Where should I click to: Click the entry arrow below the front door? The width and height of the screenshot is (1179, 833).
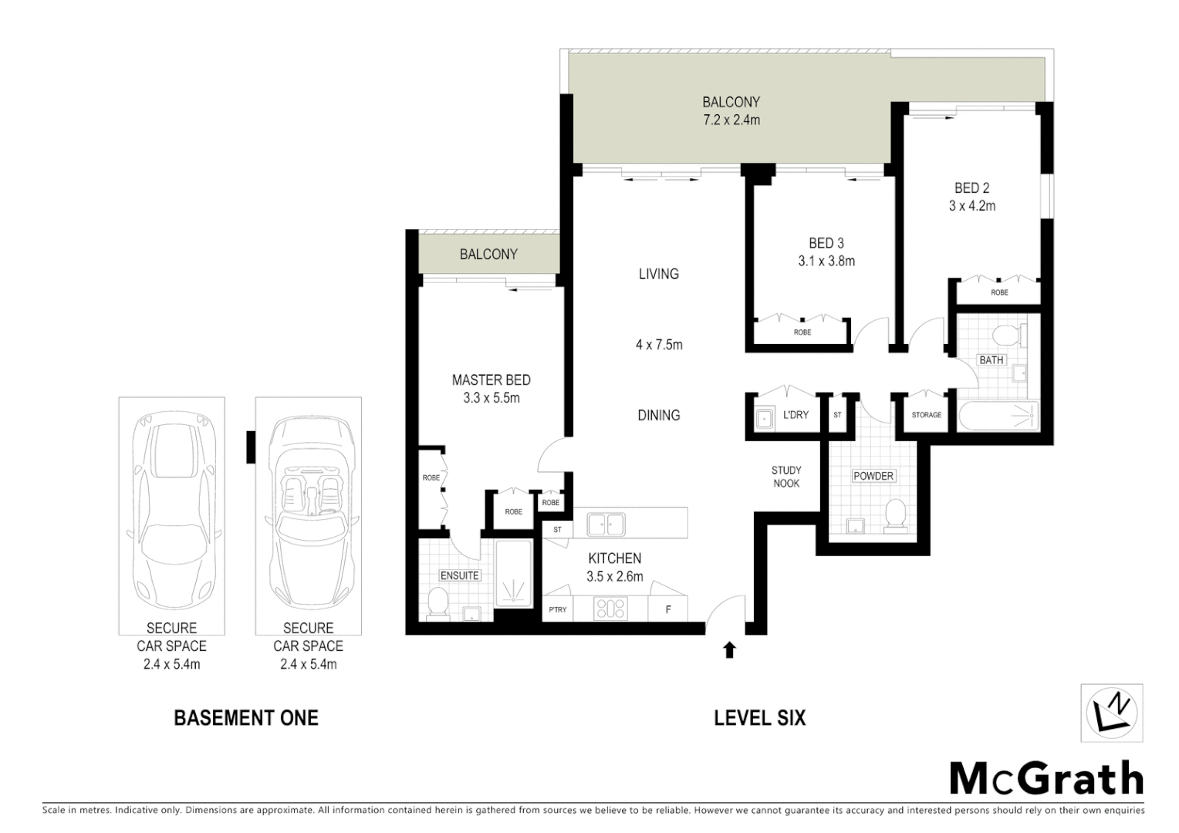click(729, 650)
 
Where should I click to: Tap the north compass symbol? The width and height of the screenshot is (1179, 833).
click(1112, 712)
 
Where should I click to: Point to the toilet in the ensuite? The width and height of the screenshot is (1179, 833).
click(437, 602)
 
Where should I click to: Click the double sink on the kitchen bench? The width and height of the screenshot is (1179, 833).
click(606, 524)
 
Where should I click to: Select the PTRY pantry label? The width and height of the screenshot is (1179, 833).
click(557, 609)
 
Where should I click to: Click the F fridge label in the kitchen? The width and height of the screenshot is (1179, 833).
click(668, 609)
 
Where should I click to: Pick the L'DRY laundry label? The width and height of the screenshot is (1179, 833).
click(796, 415)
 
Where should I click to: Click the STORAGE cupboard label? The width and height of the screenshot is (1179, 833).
click(926, 415)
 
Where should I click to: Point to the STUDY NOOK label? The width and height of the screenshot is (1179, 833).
click(786, 477)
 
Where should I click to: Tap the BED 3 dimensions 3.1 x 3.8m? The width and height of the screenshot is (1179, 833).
click(826, 261)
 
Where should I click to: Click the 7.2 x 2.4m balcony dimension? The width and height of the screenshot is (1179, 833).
click(731, 120)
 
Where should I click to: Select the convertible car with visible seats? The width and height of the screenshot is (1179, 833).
click(309, 513)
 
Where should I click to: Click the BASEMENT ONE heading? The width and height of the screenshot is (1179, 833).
click(246, 718)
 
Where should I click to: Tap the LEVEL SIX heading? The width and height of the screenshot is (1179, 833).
click(759, 718)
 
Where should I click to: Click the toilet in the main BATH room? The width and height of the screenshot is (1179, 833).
click(1005, 336)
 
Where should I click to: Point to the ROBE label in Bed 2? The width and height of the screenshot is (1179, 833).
click(999, 293)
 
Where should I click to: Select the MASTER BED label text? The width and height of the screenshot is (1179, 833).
click(491, 380)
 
